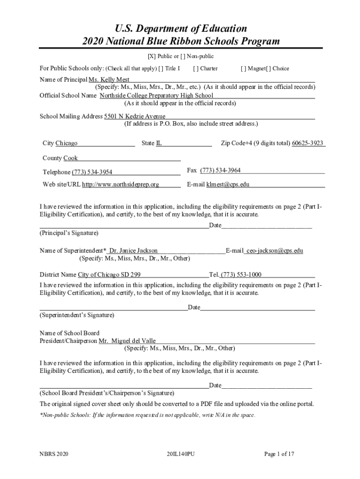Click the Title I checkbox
coord(161,68)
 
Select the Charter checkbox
coord(195,68)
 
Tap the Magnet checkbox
coord(243,68)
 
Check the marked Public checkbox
coord(151,56)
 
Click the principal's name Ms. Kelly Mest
coord(109,80)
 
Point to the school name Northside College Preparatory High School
coord(156,95)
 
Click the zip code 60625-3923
coord(308,143)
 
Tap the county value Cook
coord(71,158)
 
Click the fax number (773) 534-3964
coord(220,170)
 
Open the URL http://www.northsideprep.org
coord(121,184)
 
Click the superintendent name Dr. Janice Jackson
coord(133,250)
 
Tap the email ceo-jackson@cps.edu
coord(274,250)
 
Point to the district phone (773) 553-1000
coord(241,275)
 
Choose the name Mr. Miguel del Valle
coord(127,341)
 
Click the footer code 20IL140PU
coord(180,454)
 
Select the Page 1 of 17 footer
coord(279,454)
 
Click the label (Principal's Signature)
coord(69,232)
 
